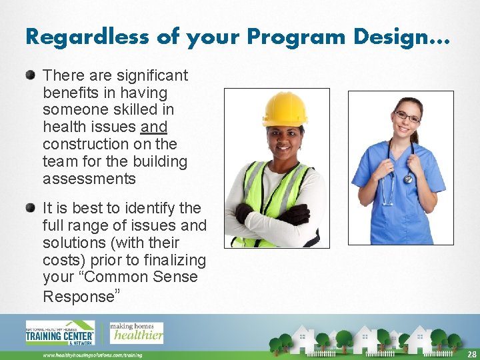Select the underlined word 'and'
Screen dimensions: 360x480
(x=154, y=127)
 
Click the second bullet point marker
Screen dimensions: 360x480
(x=31, y=207)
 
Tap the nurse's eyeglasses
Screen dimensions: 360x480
(x=407, y=118)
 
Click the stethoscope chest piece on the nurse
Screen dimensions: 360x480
(x=407, y=179)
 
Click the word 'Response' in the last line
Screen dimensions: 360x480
(x=79, y=297)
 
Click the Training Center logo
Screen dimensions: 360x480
(x=60, y=333)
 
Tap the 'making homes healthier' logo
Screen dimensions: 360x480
(x=136, y=331)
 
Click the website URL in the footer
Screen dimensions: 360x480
(x=93, y=355)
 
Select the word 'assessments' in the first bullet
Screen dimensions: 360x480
(x=89, y=179)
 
